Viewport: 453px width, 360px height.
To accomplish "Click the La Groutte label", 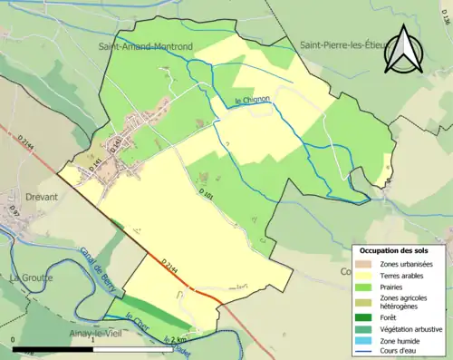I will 32,277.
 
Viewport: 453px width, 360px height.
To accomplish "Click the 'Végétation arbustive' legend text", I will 412,328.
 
